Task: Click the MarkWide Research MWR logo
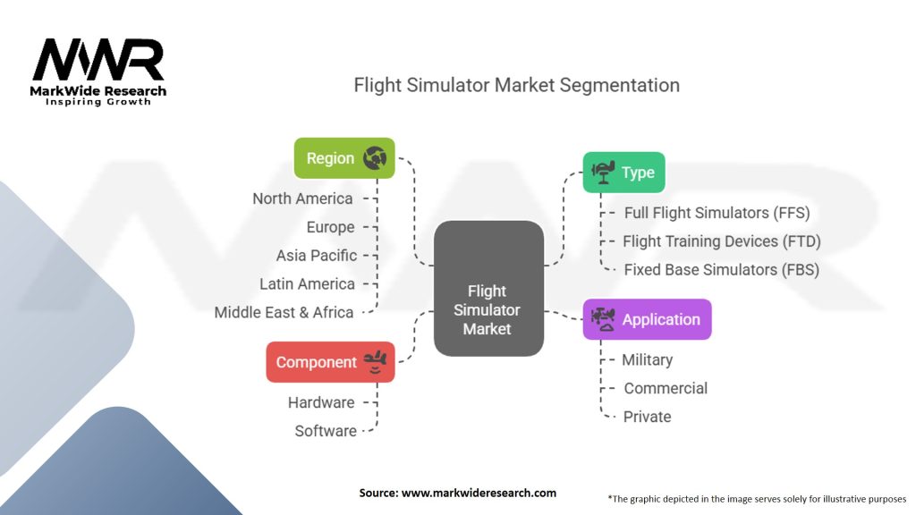(98, 70)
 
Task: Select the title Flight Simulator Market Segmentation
(516, 85)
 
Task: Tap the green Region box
(344, 158)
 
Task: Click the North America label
(302, 198)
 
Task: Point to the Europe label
(330, 227)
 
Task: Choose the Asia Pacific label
(316, 256)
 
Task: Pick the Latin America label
(307, 284)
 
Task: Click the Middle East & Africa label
(284, 313)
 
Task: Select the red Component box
(330, 362)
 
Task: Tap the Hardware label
(321, 402)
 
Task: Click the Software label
(326, 431)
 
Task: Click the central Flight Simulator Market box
(488, 310)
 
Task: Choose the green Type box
(623, 173)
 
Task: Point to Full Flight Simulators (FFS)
(717, 213)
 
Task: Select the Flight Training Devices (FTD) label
(722, 241)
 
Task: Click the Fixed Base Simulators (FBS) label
(721, 270)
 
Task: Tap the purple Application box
(647, 319)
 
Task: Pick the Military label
(647, 359)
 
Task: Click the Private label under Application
(647, 417)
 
